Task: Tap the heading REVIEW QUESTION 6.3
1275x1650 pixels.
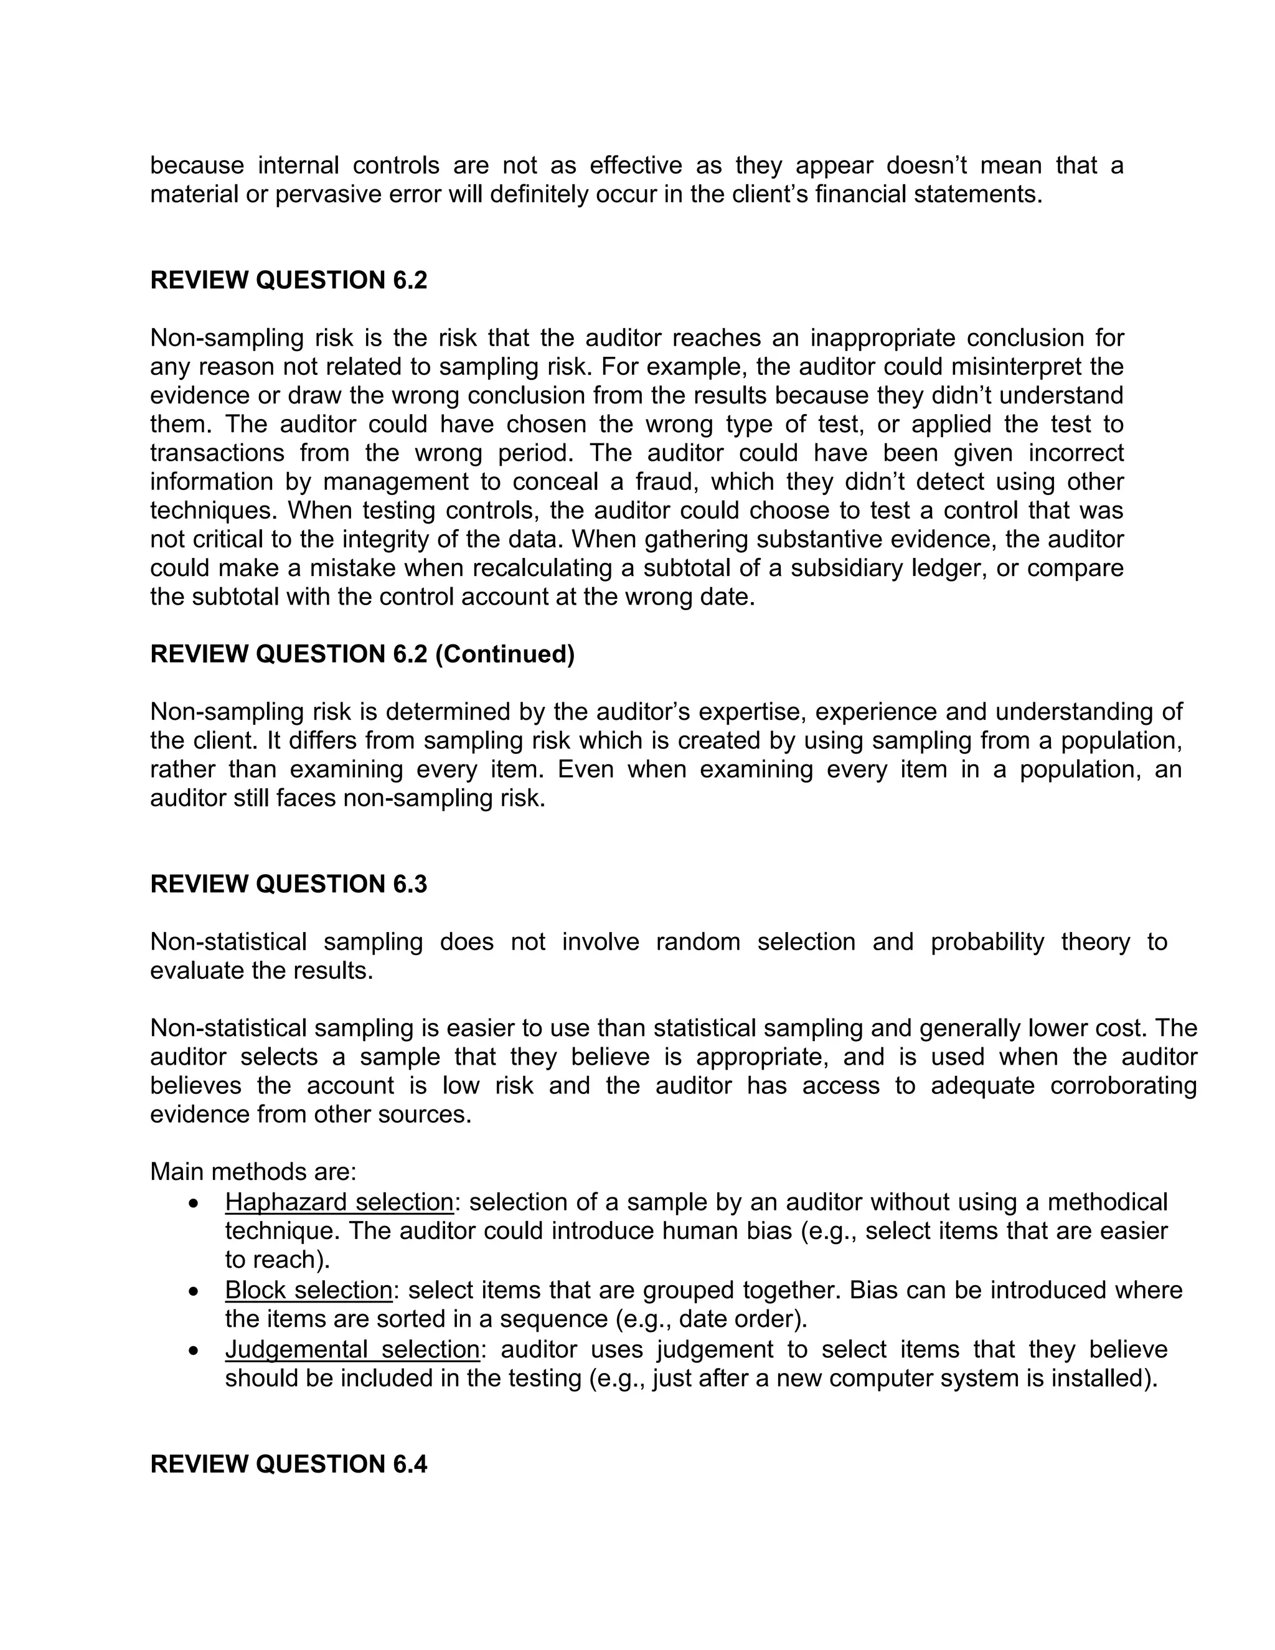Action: [288, 885]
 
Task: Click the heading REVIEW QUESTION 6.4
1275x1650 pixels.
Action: [288, 1464]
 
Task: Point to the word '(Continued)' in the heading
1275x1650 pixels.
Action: [504, 654]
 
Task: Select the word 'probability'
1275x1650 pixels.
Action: [987, 942]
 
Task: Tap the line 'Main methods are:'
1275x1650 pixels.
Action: [253, 1172]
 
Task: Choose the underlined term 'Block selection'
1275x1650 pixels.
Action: [308, 1290]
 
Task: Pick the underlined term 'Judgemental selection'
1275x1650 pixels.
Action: [352, 1349]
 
